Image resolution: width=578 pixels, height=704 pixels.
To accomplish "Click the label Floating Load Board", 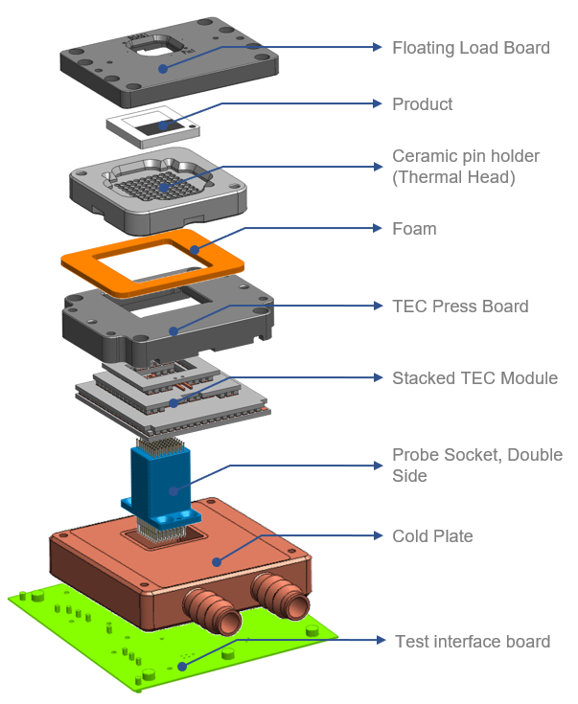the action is click(471, 48).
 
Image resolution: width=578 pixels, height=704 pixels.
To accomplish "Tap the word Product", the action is click(422, 104).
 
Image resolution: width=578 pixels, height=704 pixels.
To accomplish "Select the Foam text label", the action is click(414, 229).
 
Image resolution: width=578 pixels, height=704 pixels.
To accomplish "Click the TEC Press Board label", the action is click(460, 307).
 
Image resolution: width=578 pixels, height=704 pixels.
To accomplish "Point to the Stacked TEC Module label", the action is click(474, 378).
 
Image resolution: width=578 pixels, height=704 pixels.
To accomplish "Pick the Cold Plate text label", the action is click(432, 536).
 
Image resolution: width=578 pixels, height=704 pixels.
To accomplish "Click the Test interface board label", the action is click(473, 641).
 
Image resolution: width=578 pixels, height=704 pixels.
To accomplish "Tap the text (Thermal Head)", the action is click(453, 177).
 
